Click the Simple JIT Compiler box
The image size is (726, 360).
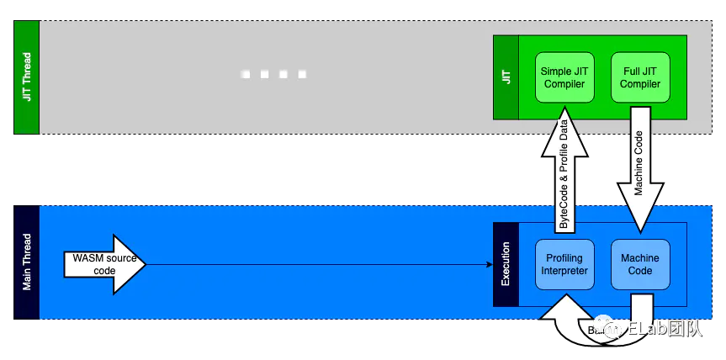(564, 77)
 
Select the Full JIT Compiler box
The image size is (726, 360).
(640, 77)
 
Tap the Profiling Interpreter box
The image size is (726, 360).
(564, 264)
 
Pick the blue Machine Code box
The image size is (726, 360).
(640, 264)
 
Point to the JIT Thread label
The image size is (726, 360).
(26, 77)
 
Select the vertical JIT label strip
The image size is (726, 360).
(506, 77)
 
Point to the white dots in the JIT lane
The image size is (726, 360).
(273, 74)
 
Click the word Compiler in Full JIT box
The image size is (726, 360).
(640, 84)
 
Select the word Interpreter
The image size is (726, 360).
(564, 271)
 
